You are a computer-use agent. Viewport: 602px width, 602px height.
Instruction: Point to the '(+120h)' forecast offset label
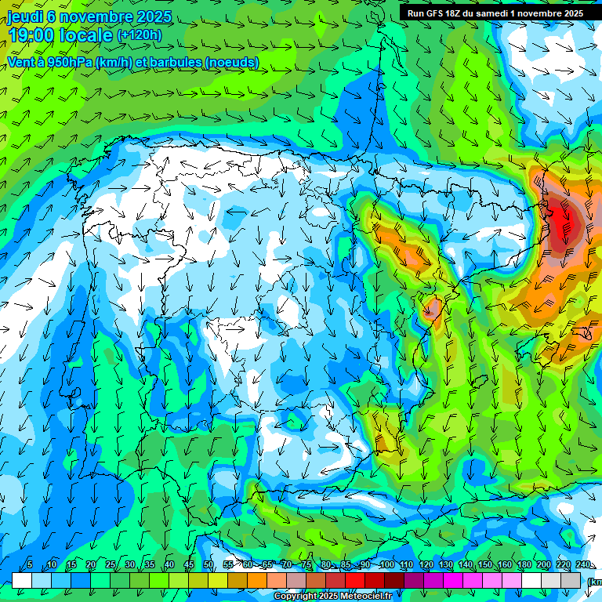click(140, 35)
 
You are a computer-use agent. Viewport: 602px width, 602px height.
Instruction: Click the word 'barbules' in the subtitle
click(172, 63)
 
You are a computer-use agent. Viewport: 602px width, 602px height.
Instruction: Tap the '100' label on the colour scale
click(386, 565)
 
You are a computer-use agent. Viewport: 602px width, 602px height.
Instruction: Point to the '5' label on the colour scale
click(30, 565)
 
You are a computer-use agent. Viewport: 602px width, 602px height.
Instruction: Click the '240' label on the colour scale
click(582, 565)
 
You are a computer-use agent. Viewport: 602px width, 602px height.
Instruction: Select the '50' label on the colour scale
click(209, 565)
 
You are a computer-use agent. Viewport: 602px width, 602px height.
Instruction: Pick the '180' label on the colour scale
click(524, 565)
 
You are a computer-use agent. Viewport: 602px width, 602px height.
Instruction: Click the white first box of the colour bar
click(21, 580)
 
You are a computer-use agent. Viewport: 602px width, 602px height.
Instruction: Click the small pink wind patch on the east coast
click(430, 310)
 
